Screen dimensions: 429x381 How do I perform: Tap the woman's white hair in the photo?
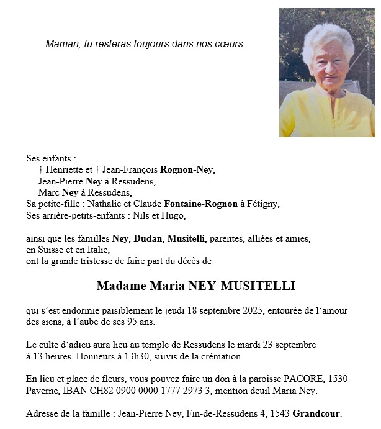328,37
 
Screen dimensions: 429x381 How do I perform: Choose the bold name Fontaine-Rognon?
200,204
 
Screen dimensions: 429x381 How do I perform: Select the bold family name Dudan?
147,238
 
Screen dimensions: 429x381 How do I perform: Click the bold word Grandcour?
316,413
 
